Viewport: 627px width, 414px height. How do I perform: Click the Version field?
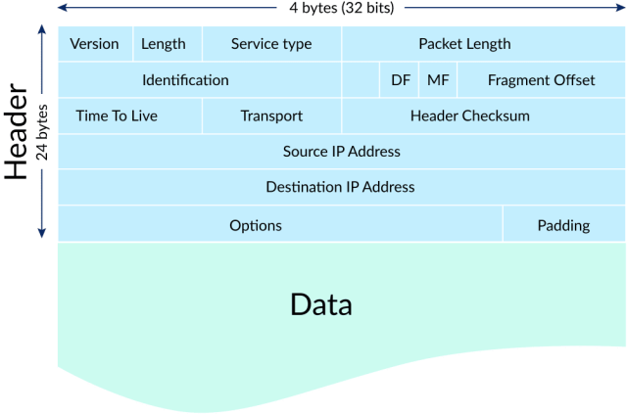94,44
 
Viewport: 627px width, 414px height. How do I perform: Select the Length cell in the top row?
164,44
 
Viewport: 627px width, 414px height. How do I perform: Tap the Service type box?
271,44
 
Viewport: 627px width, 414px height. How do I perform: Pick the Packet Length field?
464,44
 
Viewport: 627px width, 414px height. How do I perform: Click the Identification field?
185,80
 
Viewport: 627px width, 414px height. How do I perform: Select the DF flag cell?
401,80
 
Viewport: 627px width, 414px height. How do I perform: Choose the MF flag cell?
438,80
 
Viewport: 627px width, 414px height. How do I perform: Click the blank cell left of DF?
361,80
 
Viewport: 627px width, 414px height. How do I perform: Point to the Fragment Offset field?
541,80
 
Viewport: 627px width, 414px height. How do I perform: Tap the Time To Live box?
117,115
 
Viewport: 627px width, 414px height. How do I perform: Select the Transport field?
271,115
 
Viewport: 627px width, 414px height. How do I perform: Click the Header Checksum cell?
470,115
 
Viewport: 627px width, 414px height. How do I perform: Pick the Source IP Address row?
342,152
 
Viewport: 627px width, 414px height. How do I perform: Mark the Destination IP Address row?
340,187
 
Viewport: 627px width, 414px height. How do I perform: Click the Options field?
256,225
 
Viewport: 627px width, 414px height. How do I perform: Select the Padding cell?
563,225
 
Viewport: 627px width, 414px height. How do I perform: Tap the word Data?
321,304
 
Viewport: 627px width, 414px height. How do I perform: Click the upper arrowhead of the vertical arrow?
41,30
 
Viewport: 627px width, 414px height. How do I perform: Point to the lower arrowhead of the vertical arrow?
41,233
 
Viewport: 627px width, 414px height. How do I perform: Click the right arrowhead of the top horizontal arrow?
618,8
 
